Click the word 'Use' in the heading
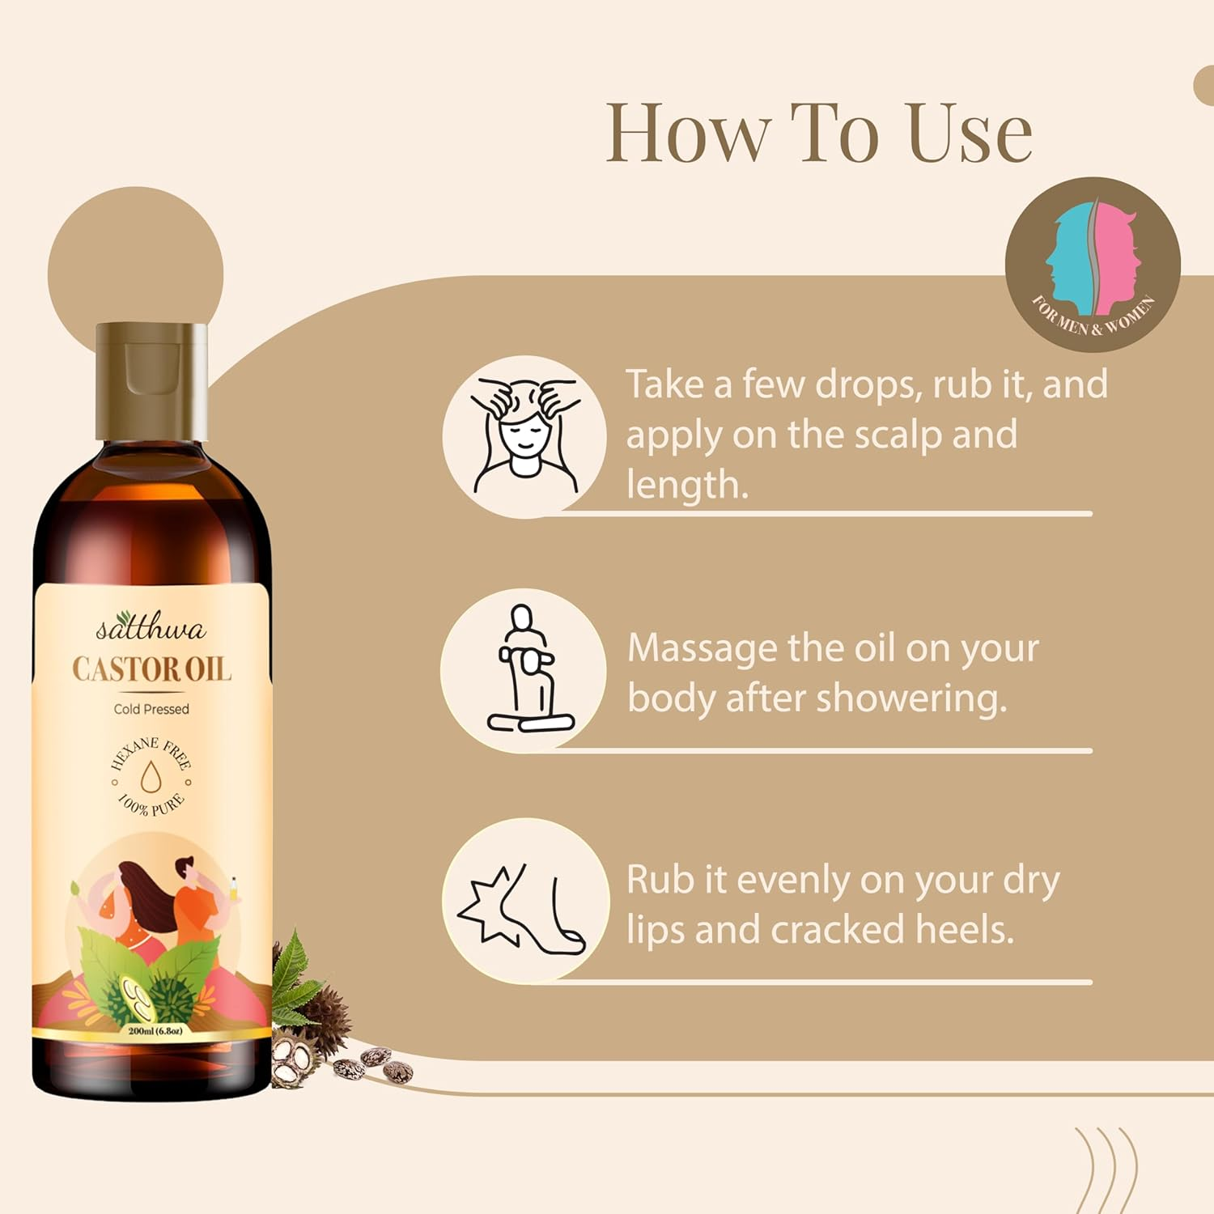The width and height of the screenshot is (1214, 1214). point(970,133)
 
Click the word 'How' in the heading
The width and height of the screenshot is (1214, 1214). point(688,133)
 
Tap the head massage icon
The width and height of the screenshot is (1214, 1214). point(524,435)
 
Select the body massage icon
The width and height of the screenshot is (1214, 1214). point(524,670)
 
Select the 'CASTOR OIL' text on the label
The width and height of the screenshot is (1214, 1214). point(151,669)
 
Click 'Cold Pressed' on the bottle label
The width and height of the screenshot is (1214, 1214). point(151,709)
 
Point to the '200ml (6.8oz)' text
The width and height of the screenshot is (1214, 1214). point(155,1031)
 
